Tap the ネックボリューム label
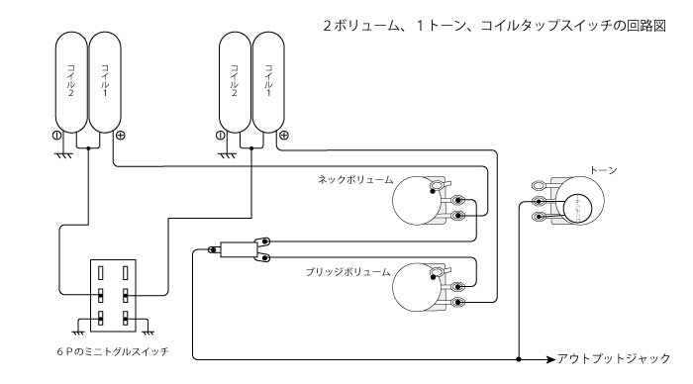(x=355, y=180)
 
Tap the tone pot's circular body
(x=575, y=206)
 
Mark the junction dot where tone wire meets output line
(x=519, y=358)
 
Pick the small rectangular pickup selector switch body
(x=237, y=250)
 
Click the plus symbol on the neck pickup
(x=120, y=135)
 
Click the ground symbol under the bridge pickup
(x=227, y=152)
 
